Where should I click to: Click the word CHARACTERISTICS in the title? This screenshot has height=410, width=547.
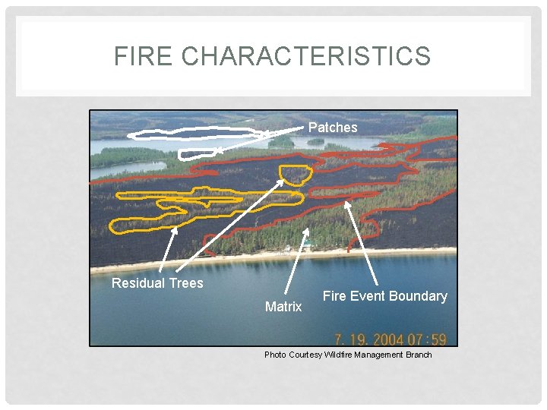click(x=306, y=56)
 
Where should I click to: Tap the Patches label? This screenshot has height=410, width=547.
click(x=333, y=128)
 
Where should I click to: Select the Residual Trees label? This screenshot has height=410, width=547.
click(x=157, y=283)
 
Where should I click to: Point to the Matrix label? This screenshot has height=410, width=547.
click(x=283, y=307)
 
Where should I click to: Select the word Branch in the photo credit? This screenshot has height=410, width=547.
click(x=419, y=355)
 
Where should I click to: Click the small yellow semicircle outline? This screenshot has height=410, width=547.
click(x=295, y=175)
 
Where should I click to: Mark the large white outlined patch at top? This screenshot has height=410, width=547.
click(x=194, y=134)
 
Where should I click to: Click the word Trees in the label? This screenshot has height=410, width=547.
click(x=187, y=283)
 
